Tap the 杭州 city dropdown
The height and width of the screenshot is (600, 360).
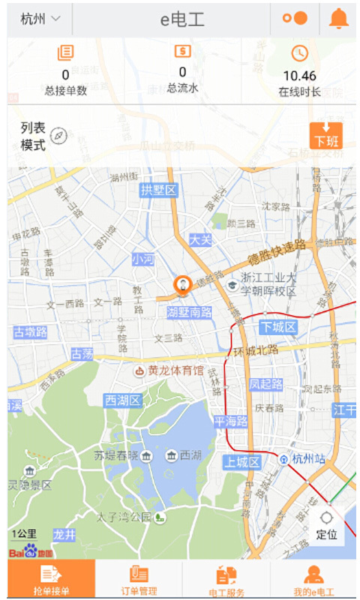coord(40,19)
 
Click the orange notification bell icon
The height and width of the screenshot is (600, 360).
coord(339,19)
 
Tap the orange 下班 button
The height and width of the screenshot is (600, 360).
coord(325,136)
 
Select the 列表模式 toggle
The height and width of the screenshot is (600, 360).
coord(43,136)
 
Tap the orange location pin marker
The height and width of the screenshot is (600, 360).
coord(181,286)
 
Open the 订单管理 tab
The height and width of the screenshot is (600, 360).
coord(139,580)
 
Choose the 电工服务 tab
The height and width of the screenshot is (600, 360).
coord(226,580)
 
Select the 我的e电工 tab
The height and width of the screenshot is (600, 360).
coord(314,580)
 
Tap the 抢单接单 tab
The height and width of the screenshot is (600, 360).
coord(51,580)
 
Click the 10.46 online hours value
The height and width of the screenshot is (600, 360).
coord(299,76)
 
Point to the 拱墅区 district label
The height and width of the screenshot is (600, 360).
coord(158,190)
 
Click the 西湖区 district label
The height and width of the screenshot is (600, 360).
coord(123,400)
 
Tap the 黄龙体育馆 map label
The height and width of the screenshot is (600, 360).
coord(169,370)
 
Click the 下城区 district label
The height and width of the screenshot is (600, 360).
coord(279,327)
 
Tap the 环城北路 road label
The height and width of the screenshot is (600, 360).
coord(256,349)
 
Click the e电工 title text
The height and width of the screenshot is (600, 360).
coord(181,19)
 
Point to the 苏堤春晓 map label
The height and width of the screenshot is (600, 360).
coord(115,455)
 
